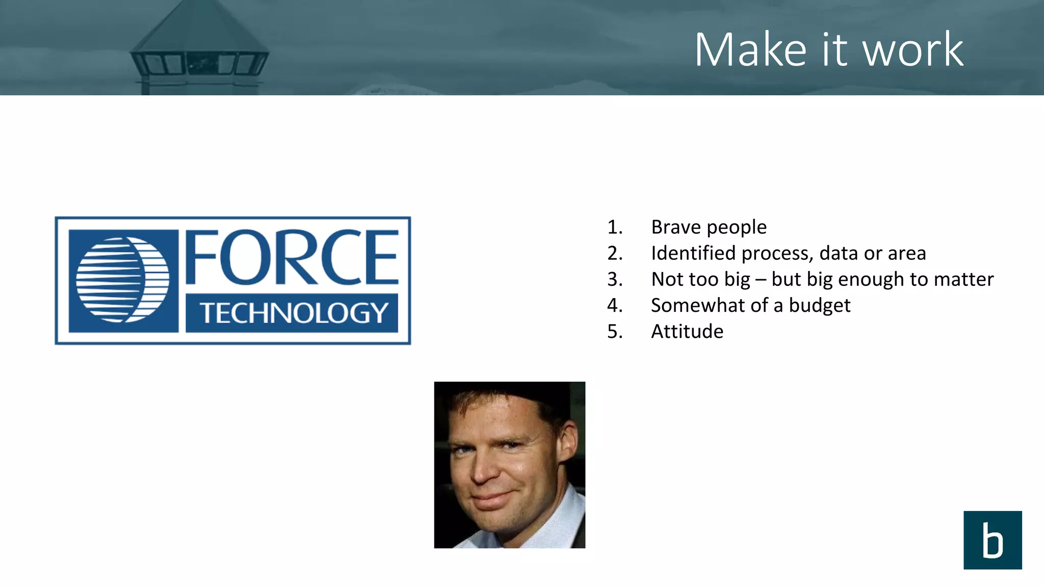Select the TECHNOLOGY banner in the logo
(x=292, y=313)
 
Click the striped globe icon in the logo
(x=123, y=280)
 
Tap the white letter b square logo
(x=992, y=540)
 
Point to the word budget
(x=819, y=305)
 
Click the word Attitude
(x=687, y=331)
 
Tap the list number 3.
(x=614, y=279)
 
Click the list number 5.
(x=614, y=331)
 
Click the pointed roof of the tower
(x=199, y=25)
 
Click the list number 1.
(x=614, y=227)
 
